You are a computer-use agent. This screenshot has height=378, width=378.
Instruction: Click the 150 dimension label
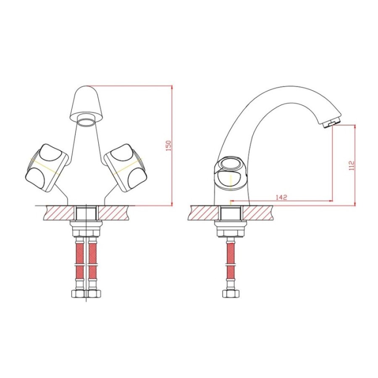tap(169, 146)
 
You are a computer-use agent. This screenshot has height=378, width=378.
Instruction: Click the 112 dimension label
tap(352, 165)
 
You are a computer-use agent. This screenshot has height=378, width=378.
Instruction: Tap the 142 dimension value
tap(281, 197)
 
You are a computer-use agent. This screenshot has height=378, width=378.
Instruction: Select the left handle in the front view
tap(47, 168)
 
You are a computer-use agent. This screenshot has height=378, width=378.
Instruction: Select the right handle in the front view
tap(125, 168)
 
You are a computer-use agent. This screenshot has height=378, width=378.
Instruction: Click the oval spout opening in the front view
tap(86, 120)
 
